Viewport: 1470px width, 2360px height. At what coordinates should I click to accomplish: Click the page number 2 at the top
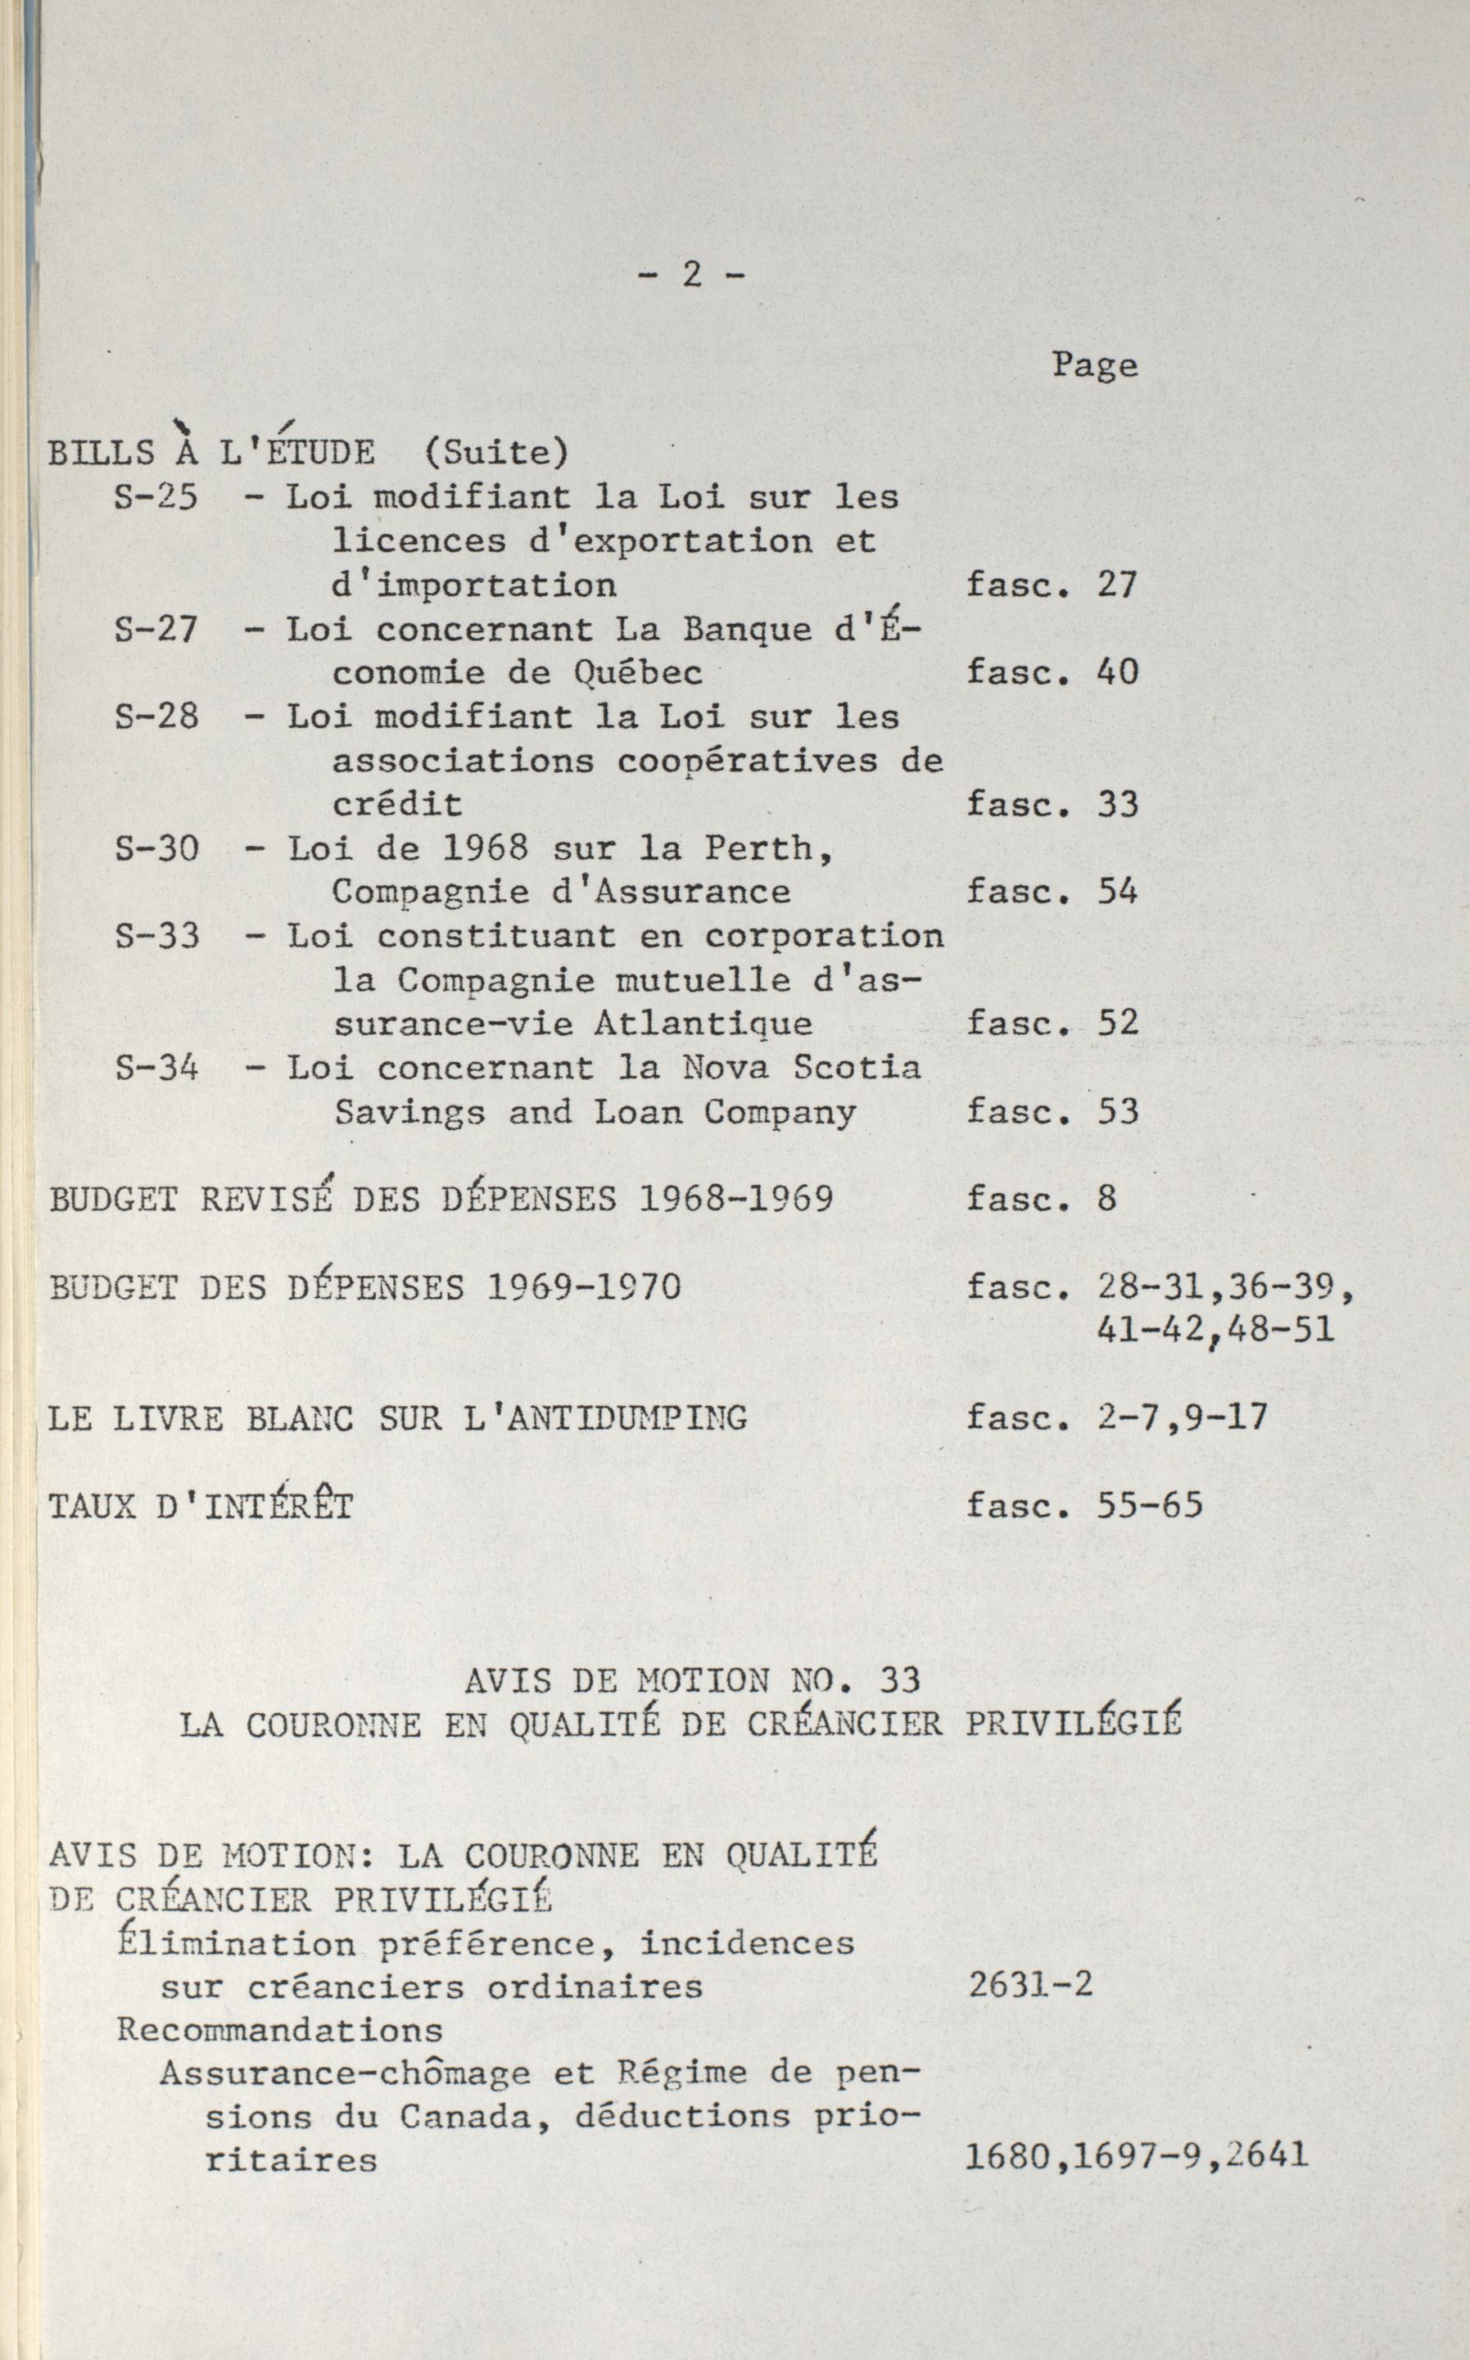pyautogui.click(x=691, y=275)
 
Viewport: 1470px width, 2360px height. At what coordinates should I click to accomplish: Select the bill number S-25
pyautogui.click(x=156, y=497)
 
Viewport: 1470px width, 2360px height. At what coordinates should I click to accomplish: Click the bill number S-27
pyautogui.click(x=156, y=629)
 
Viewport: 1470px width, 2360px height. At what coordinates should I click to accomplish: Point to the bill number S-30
pyautogui.click(x=156, y=848)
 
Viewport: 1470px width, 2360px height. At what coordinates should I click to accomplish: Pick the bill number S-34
pyautogui.click(x=156, y=1068)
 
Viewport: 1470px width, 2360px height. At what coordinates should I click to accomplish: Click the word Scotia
pyautogui.click(x=856, y=1068)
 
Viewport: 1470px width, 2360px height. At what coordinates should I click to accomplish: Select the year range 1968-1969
pyautogui.click(x=736, y=1199)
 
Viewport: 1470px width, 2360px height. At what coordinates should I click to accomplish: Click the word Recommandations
pyautogui.click(x=279, y=2031)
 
